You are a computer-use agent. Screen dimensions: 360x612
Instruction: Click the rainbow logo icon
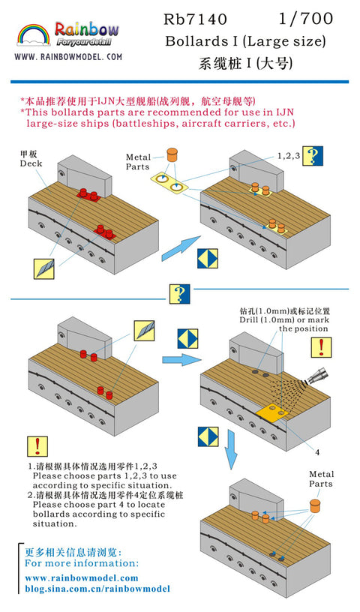click(34, 34)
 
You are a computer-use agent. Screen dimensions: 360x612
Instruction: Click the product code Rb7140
click(195, 19)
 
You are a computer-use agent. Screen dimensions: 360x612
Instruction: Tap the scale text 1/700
click(306, 18)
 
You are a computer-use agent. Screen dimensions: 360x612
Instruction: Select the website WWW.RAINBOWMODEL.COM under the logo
click(68, 57)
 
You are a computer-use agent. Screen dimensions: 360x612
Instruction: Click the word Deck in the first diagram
click(31, 163)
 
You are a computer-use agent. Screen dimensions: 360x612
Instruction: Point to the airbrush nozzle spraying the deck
click(318, 376)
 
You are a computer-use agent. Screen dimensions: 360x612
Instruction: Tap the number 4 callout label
click(317, 452)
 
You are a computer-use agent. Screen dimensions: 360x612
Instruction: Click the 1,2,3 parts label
click(289, 156)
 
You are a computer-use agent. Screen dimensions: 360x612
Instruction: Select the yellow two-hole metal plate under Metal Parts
click(169, 182)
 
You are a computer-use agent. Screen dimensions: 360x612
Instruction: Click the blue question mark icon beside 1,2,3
click(313, 156)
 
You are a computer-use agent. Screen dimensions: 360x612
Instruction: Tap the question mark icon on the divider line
click(179, 294)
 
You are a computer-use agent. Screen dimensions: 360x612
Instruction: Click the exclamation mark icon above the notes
click(37, 446)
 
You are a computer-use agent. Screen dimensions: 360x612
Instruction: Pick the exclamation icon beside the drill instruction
click(321, 347)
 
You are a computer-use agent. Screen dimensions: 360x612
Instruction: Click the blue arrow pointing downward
click(232, 450)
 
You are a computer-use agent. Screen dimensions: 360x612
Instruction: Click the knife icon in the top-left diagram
click(43, 268)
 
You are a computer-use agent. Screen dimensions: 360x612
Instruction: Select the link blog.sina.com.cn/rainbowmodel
click(97, 589)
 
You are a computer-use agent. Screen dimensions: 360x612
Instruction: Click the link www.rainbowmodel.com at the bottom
click(82, 577)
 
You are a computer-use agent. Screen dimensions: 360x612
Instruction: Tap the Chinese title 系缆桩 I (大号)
click(245, 63)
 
